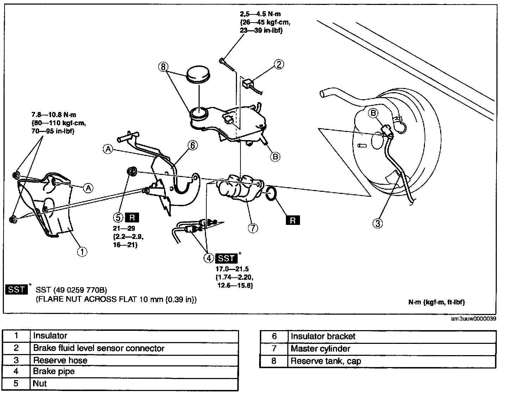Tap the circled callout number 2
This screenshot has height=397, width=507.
[x=279, y=64]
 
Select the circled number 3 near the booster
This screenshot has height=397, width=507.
[x=377, y=223]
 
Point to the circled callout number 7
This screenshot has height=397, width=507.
[x=253, y=228]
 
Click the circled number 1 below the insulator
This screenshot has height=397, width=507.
[x=82, y=252]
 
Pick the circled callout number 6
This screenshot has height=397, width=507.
[x=193, y=145]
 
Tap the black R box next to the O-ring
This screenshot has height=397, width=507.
[x=293, y=220]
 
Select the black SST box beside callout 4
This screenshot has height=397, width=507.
[x=226, y=258]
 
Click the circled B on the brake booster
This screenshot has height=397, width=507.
[x=374, y=113]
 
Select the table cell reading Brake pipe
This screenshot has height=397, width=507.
[x=54, y=372]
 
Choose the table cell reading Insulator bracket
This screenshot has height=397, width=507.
[x=323, y=336]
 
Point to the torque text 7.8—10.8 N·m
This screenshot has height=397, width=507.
[x=54, y=115]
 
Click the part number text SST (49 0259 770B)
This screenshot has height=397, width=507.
[x=71, y=290]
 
